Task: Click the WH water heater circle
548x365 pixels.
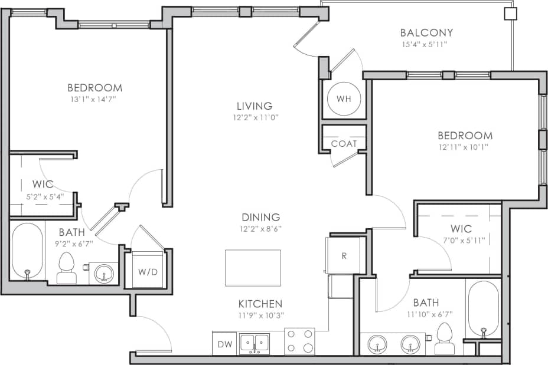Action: (x=344, y=98)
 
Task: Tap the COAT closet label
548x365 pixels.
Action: (x=344, y=143)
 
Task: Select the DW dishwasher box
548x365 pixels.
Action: (x=224, y=344)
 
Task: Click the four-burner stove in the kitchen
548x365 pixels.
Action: (x=299, y=341)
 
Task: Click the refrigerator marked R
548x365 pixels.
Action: (x=345, y=255)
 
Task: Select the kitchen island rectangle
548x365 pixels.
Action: (x=253, y=268)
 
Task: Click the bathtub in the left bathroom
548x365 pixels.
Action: (x=27, y=251)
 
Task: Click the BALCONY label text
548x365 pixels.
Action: (x=426, y=33)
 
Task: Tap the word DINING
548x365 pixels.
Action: (x=260, y=218)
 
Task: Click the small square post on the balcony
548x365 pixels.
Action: (x=510, y=14)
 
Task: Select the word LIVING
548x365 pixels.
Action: (x=255, y=106)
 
